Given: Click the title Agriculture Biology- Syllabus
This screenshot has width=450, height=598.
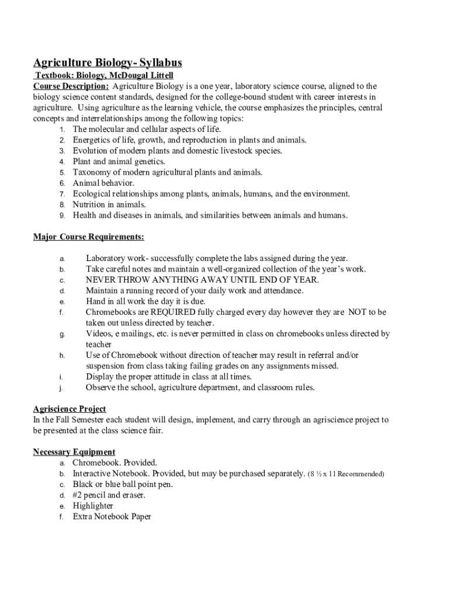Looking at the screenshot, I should point(108,62).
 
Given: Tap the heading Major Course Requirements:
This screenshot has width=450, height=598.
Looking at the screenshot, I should point(88,237).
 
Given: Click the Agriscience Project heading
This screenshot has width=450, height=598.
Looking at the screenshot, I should point(70,409).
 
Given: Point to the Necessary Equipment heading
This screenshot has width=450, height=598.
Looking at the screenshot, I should point(74,452).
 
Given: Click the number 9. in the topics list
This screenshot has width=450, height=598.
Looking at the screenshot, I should point(61,215).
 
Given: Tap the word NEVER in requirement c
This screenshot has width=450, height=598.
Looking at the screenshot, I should point(101,280).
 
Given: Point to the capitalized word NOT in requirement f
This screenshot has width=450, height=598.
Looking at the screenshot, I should point(357,312).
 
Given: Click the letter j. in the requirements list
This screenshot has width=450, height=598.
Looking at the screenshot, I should point(60,388).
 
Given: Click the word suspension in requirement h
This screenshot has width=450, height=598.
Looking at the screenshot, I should point(108,366).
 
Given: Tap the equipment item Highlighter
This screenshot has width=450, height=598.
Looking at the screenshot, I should point(93,506).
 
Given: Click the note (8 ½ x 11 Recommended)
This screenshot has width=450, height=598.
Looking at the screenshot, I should point(345,474).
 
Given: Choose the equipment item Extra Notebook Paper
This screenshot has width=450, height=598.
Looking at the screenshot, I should point(112,517).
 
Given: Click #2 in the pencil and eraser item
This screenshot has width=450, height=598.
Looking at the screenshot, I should point(78,495).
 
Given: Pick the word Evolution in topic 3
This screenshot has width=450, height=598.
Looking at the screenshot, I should point(92,151).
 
